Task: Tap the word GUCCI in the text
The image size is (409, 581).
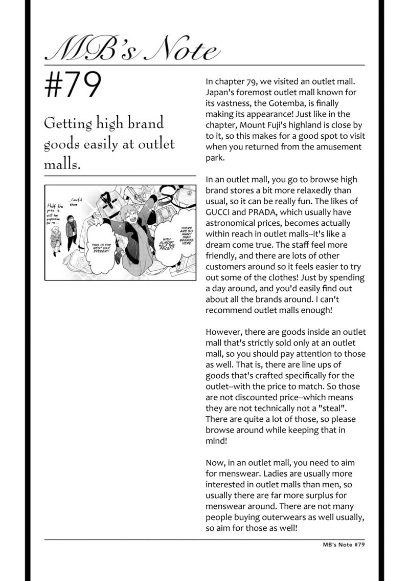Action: pyautogui.click(x=219, y=212)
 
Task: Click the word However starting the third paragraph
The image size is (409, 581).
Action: pyautogui.click(x=224, y=332)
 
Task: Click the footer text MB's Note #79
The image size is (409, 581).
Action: pyautogui.click(x=340, y=545)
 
